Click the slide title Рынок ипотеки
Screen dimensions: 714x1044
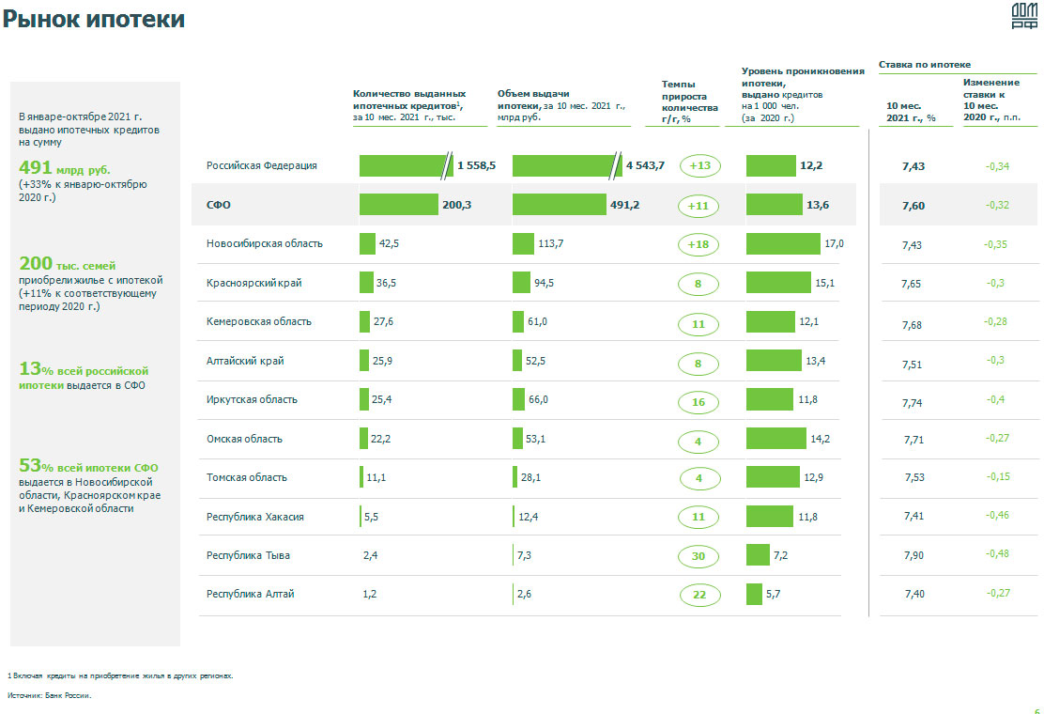94,20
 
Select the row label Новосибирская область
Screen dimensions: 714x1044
265,243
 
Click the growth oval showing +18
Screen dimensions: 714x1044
699,244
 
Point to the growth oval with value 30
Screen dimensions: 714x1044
699,556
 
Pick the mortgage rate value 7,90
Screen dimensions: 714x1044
913,556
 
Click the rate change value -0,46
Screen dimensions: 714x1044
997,516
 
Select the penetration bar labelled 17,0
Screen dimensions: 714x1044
783,244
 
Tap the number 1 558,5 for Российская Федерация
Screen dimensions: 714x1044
476,166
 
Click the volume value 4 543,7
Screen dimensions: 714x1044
645,166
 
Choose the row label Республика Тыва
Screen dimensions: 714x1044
248,555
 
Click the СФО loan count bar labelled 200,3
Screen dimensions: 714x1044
399,205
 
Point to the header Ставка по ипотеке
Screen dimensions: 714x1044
925,65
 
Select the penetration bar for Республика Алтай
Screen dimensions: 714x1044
754,595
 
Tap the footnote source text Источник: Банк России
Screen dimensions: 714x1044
50,696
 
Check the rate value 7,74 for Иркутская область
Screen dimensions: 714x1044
913,402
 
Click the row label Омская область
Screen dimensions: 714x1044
244,439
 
